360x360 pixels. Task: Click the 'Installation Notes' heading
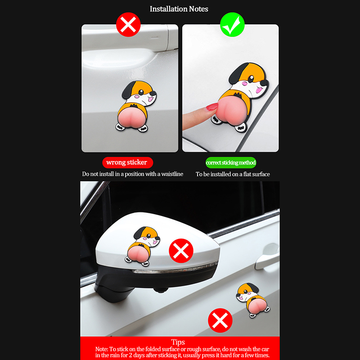[x=179, y=9]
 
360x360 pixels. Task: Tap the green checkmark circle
[x=232, y=25]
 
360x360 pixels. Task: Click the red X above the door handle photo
[x=128, y=25]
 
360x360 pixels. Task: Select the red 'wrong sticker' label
[x=127, y=162]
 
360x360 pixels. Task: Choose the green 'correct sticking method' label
[x=231, y=162]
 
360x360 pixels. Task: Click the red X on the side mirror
[x=181, y=251]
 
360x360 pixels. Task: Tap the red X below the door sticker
[x=220, y=320]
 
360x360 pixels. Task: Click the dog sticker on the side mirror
[x=143, y=246]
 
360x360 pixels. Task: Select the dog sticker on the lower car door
[x=252, y=300]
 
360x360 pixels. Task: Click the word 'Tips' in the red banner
[x=178, y=342]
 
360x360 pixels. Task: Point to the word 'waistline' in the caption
[x=172, y=174]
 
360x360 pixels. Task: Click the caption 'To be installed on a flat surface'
[x=233, y=174]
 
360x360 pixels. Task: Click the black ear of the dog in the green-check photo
[x=238, y=73]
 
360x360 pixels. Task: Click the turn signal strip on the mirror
[x=175, y=269]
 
